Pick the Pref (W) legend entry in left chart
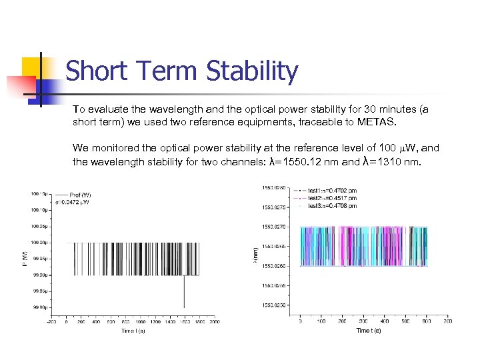pos(80,195)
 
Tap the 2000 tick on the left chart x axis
pos(214,322)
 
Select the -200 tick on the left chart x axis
pos(51,322)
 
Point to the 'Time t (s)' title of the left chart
pos(134,331)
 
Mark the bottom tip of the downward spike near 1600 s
pos(184,307)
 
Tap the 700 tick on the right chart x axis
pos(448,322)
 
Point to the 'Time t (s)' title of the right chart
pos(369,331)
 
